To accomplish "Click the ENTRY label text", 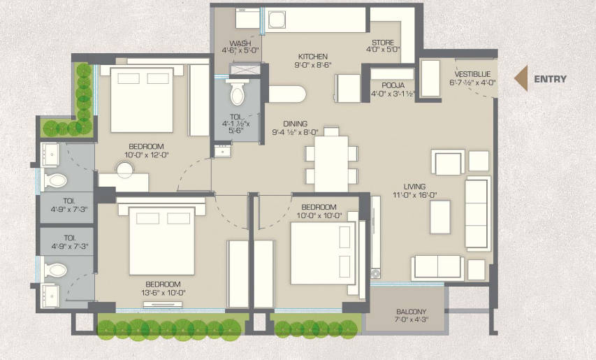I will [x=550, y=79].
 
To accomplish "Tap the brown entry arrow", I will [x=521, y=79].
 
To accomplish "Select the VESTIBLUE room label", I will [x=474, y=73].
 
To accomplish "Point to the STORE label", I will [x=383, y=43].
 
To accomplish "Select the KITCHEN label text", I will [x=312, y=56].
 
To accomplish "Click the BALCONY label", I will [x=411, y=312].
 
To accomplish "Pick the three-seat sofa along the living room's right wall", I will [x=478, y=213].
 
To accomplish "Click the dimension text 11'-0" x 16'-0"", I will [x=409, y=195].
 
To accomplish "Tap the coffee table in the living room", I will [x=439, y=216].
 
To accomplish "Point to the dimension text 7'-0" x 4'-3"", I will [x=411, y=321].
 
